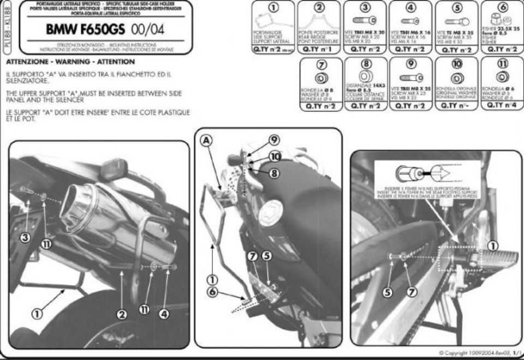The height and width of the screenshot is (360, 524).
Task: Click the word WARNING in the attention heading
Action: [x=76, y=62]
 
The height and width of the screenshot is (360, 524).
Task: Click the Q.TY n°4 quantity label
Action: [x=502, y=105]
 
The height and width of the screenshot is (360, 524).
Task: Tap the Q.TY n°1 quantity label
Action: [x=319, y=49]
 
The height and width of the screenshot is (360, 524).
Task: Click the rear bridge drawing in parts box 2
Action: [x=319, y=22]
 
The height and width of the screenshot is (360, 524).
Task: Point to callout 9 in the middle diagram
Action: [x=273, y=140]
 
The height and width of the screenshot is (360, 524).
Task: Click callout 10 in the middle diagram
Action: [x=275, y=157]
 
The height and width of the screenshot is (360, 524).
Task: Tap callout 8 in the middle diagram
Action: [x=273, y=173]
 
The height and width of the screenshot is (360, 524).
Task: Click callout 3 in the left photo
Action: [x=25, y=237]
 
